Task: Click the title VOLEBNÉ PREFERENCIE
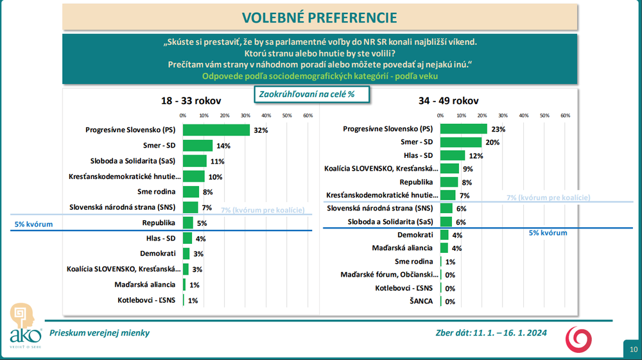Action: coord(319,17)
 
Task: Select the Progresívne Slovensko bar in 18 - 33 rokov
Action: coord(216,130)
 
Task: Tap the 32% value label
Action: coord(260,130)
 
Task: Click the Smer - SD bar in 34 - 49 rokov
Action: coord(461,142)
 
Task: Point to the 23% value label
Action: coord(499,129)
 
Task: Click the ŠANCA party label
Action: coord(422,301)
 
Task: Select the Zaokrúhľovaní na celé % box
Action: coord(306,94)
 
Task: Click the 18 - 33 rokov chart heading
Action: coord(191,101)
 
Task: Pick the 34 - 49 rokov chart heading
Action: coord(449,101)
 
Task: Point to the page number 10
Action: coord(632,349)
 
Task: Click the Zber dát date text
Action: coord(490,333)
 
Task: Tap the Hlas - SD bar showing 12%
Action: coord(453,155)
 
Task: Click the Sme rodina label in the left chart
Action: coord(160,191)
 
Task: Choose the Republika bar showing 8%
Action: coord(449,182)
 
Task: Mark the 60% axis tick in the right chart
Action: coord(566,116)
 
